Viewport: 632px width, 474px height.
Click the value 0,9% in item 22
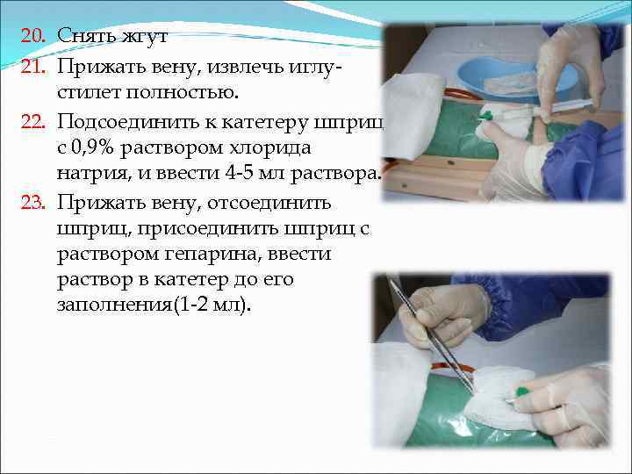point(97,146)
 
